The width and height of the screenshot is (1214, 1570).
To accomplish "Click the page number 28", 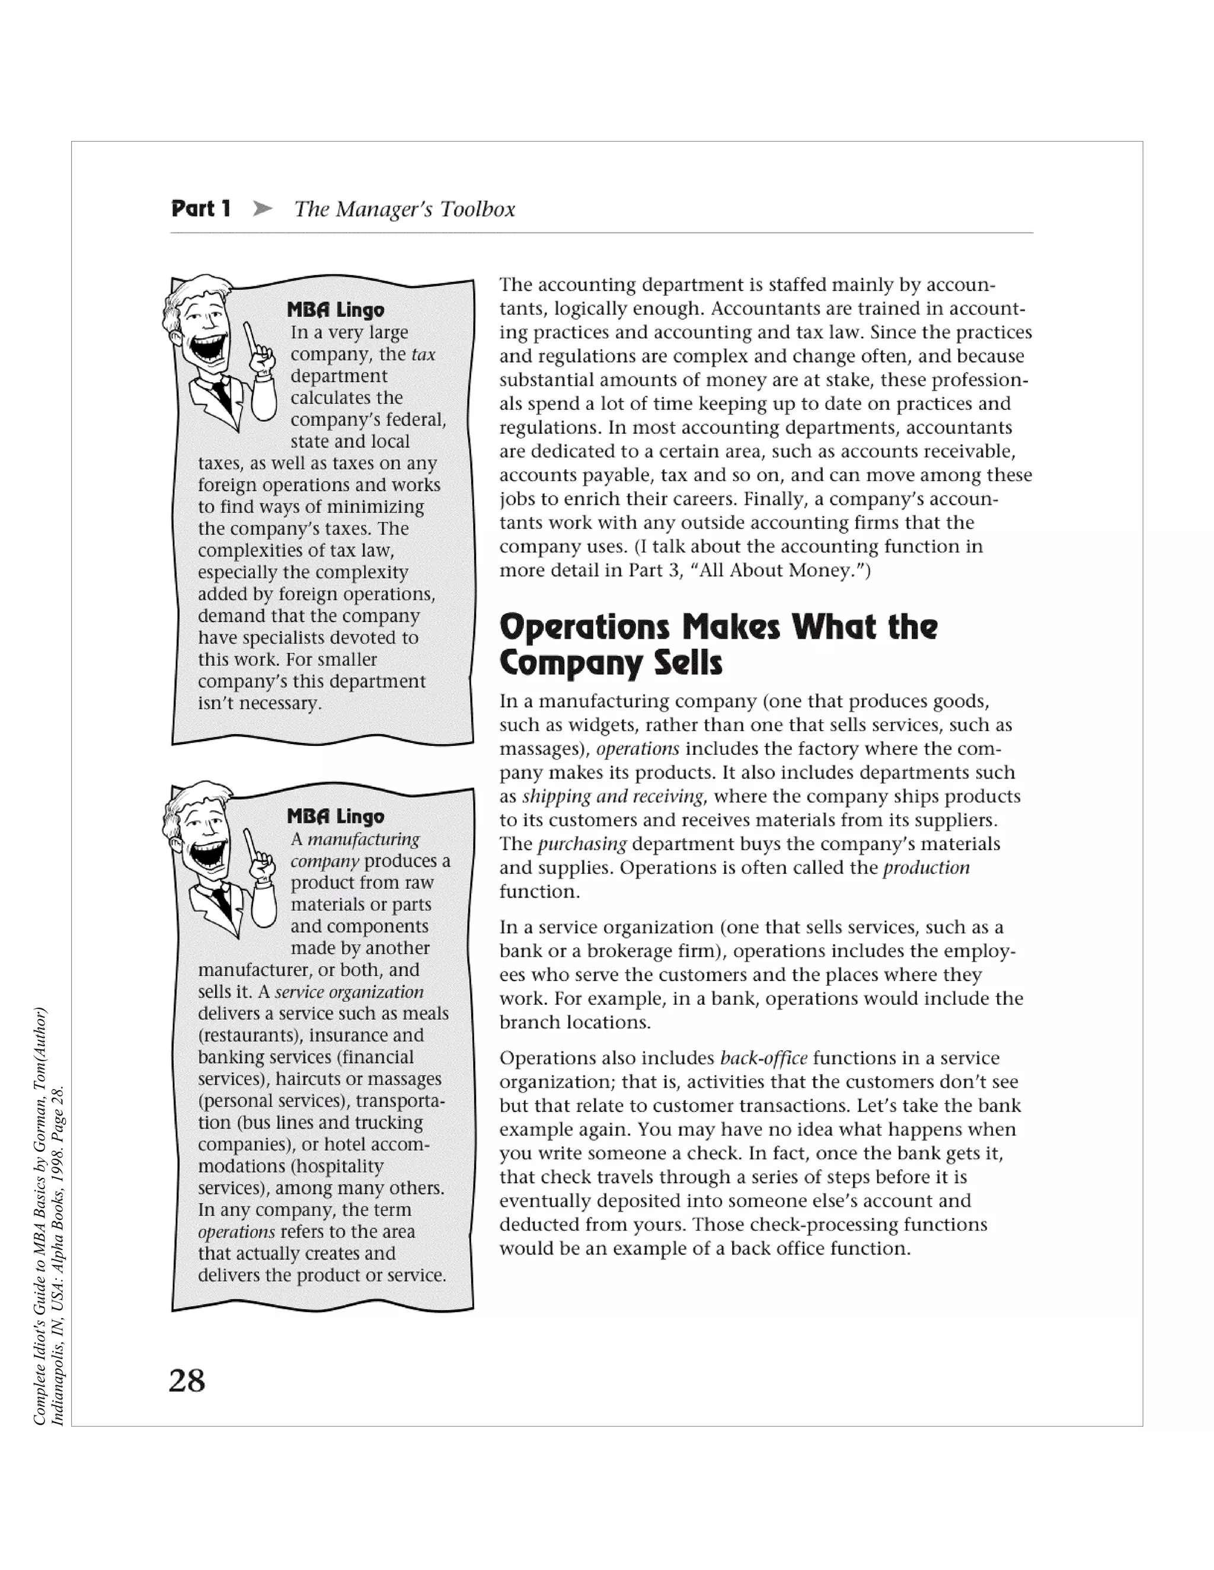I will [187, 1381].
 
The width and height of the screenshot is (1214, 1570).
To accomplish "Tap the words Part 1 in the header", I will [201, 209].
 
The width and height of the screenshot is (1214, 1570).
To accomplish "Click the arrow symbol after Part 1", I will [263, 209].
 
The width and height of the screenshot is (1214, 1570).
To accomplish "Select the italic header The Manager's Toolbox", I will [404, 209].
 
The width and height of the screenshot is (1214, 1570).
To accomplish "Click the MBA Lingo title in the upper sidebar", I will [335, 310].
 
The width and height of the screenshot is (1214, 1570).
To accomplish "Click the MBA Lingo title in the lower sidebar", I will [335, 816].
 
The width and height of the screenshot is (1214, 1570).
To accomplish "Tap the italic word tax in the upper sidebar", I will [424, 354].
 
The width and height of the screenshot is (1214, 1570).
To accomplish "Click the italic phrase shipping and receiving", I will [614, 796].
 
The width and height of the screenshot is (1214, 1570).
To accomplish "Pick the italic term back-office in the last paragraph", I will [763, 1058].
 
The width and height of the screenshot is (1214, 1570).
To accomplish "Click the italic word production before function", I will [927, 868].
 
